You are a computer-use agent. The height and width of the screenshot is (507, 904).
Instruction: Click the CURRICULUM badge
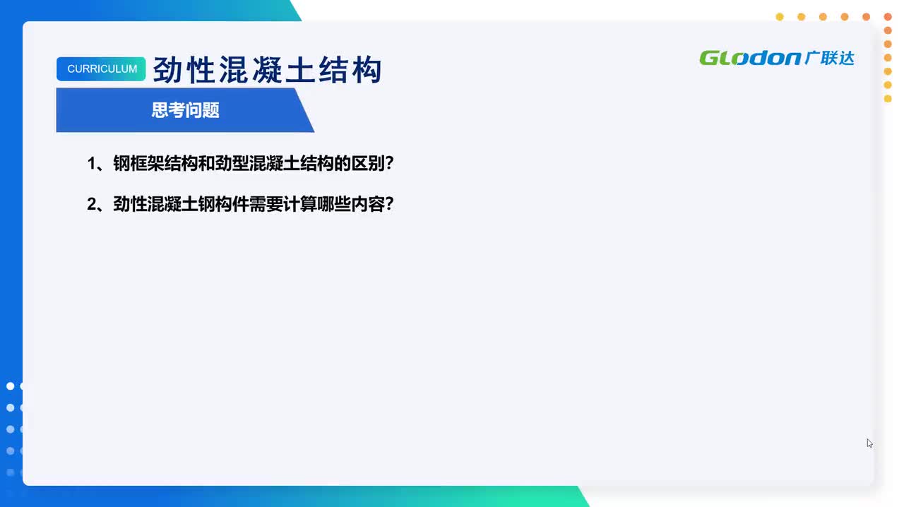click(x=102, y=69)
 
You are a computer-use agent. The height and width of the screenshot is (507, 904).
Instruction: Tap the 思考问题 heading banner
click(x=185, y=110)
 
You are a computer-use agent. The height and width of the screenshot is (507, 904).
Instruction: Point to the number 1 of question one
click(x=91, y=164)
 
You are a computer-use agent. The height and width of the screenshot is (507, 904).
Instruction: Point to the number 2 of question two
click(x=91, y=205)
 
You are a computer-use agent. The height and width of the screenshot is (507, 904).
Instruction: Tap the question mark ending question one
click(x=389, y=164)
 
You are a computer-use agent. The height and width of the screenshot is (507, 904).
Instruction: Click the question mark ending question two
click(x=389, y=205)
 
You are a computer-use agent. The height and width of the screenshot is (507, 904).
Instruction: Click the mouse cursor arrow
click(x=869, y=442)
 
